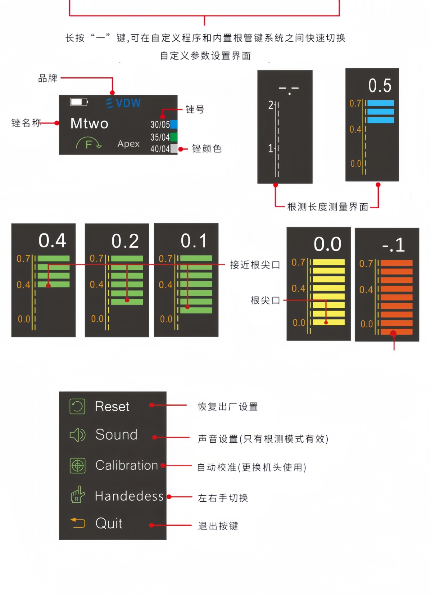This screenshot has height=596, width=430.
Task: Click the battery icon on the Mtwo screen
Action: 79,102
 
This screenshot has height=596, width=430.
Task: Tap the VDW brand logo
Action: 124,103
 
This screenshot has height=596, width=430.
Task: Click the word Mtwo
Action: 89,123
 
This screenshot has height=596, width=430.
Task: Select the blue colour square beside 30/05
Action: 174,124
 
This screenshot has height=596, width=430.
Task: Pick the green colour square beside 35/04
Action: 174,137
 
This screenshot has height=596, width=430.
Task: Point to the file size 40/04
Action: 160,149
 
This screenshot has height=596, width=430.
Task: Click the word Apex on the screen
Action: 129,144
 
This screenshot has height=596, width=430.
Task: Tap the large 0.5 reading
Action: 380,86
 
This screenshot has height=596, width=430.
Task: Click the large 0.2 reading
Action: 125,241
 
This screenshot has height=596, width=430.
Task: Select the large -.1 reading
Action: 393,245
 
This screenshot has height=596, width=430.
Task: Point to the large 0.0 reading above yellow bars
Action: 328,244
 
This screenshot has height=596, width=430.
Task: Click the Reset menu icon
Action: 77,406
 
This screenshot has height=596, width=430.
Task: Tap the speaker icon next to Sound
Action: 78,435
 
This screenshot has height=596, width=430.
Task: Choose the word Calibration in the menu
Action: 127,465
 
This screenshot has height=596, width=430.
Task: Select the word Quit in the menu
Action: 109,523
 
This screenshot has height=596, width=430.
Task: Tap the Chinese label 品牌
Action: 48,79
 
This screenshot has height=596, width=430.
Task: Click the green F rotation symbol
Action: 89,144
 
